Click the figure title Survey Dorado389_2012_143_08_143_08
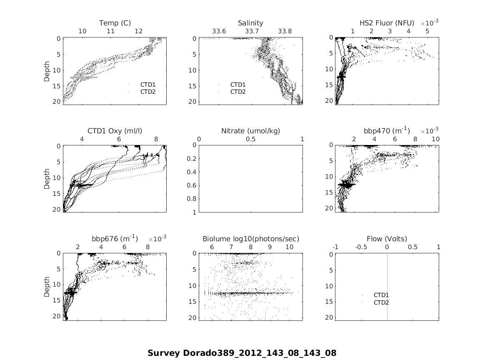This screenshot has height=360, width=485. pos(242,353)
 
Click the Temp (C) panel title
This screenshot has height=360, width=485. pos(115,23)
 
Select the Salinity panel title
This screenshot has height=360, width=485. pos(250,23)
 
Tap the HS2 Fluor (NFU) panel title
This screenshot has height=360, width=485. pos(387,23)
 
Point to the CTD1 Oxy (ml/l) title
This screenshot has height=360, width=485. pos(115,131)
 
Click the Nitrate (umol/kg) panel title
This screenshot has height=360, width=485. pos(250,131)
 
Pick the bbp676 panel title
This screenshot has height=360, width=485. pos(115,239)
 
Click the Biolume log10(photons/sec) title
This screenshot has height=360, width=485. pos(250,239)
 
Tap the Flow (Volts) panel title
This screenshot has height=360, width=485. pos(387,239)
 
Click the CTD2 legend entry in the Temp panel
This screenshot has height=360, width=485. pos(147,92)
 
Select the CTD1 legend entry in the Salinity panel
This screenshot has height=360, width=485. pos(238,85)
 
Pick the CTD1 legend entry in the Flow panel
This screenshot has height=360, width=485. pos(381,295)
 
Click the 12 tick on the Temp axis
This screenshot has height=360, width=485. pos(138,31)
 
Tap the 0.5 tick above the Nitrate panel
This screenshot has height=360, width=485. pos(250,139)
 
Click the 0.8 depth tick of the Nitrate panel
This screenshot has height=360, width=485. pos(192,199)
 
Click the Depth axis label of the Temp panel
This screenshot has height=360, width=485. pos(47,71)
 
